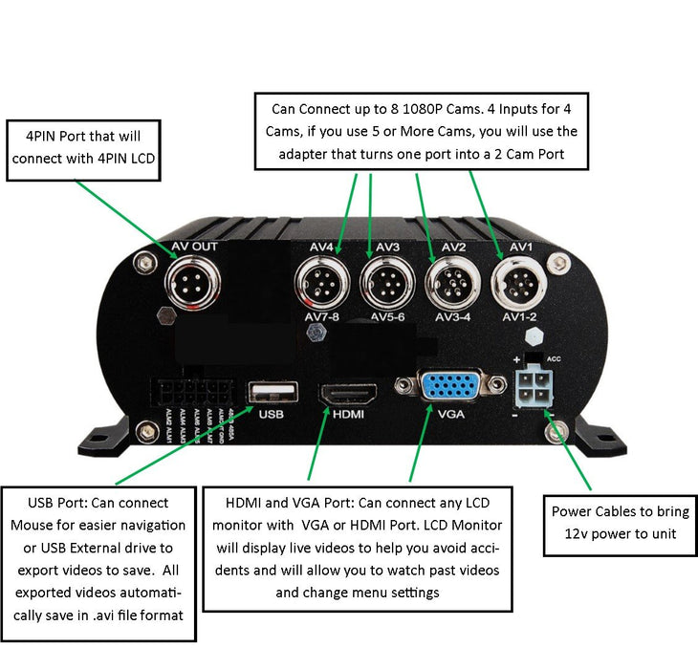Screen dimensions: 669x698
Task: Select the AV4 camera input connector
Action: (x=322, y=284)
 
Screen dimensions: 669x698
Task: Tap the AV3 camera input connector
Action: (x=386, y=284)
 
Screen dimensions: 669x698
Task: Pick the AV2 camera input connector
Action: (x=450, y=284)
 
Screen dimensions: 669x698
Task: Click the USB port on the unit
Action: (x=272, y=392)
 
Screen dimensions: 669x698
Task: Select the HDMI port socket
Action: (x=347, y=392)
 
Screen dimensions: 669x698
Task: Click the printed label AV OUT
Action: (x=194, y=248)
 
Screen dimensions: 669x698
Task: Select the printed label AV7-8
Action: (x=322, y=316)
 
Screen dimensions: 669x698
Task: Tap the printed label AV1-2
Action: (x=519, y=316)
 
